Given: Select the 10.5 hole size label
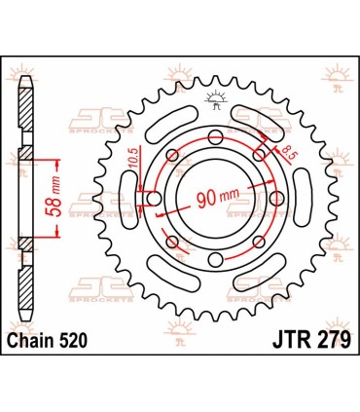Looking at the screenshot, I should pyautogui.click(x=138, y=159).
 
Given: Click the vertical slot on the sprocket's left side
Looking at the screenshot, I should pyautogui.click(x=124, y=199).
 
